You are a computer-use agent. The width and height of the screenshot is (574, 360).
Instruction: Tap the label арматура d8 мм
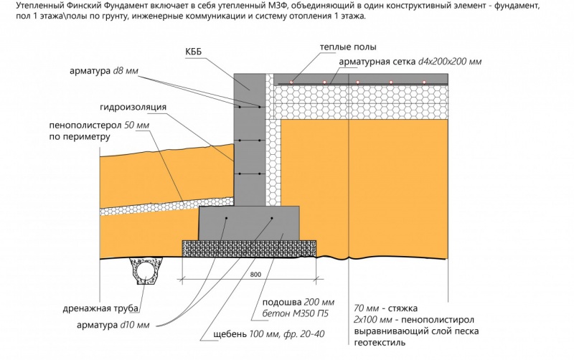tap(103, 71)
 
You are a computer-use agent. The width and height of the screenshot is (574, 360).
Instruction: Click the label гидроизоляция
tap(143, 107)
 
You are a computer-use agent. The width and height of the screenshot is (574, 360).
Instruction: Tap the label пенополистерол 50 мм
tap(98, 125)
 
